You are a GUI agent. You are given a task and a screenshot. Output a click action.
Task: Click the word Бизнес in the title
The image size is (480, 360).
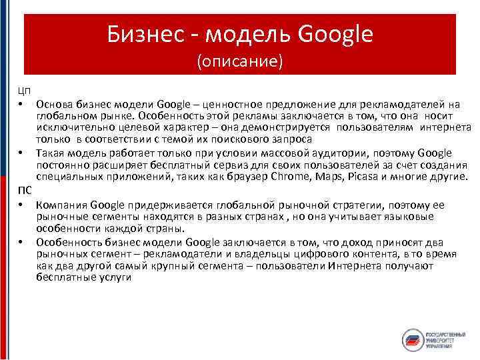coord(142,34)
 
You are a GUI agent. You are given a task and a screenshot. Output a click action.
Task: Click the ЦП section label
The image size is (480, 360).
coord(23,91)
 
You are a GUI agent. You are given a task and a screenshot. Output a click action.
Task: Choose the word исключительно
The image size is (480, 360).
coord(74,128)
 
